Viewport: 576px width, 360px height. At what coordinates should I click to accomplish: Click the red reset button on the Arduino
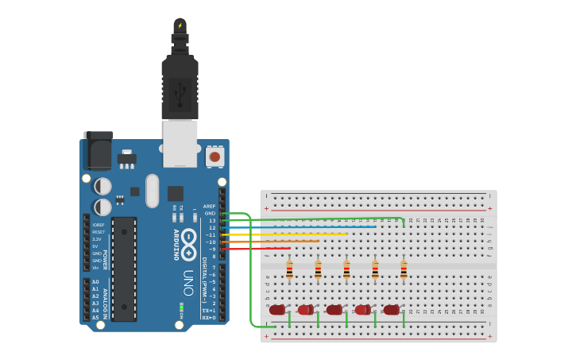coord(215,157)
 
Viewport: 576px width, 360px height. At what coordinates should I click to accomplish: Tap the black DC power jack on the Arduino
coord(99,150)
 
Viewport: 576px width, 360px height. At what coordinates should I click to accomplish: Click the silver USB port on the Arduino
coord(180,143)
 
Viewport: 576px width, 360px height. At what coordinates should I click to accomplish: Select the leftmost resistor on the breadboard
coord(289,270)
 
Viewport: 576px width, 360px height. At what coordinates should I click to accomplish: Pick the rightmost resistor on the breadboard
coord(404,270)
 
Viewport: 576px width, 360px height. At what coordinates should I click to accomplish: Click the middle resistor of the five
coord(346,270)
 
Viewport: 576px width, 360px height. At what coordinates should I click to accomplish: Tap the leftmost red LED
coord(276,310)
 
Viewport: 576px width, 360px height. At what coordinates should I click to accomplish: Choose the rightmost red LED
coord(391,310)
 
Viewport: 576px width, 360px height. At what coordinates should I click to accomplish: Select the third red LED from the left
coord(334,310)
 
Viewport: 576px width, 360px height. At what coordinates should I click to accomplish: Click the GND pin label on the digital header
coord(210,213)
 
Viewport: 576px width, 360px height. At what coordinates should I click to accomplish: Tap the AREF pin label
coord(209,206)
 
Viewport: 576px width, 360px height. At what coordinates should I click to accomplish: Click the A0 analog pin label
coord(95,282)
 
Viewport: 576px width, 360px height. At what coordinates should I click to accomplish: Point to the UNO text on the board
coord(188,282)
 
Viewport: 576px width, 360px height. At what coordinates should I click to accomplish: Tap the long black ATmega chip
coord(124,269)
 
